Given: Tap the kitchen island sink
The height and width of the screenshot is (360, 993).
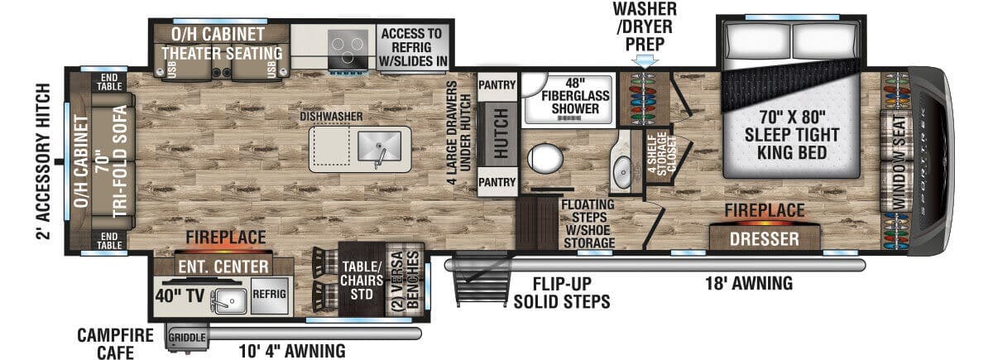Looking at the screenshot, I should click(x=377, y=148).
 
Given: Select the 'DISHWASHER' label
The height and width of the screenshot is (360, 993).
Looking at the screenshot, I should click(x=332, y=117).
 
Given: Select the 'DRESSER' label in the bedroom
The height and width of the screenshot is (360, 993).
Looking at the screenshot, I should click(x=765, y=239).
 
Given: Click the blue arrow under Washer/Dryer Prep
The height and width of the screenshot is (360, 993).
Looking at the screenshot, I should click(x=644, y=60).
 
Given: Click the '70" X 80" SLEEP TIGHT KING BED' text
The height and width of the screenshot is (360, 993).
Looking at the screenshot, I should click(x=792, y=135).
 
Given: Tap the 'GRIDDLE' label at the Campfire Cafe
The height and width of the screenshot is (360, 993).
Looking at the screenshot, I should click(x=187, y=338).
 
